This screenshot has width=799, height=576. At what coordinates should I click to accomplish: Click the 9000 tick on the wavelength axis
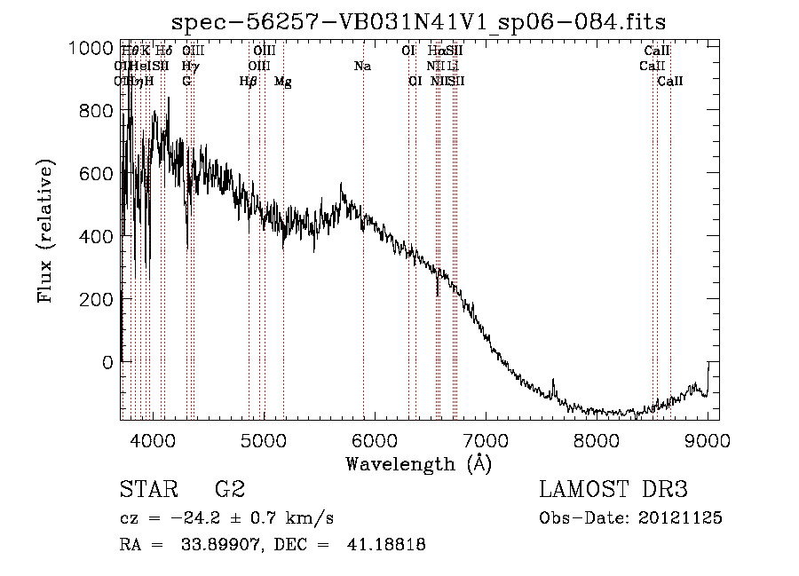707,438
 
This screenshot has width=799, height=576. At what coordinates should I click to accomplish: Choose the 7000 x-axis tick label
485,438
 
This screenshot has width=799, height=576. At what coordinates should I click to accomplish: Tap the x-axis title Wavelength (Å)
418,463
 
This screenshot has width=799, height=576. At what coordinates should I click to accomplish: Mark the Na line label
362,66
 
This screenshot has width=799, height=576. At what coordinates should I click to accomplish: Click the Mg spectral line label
283,82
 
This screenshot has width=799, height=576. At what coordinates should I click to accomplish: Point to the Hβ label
249,82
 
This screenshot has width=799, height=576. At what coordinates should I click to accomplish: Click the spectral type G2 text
230,490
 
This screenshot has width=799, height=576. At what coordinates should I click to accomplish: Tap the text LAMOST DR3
613,490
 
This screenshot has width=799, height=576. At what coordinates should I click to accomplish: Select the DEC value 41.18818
386,545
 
